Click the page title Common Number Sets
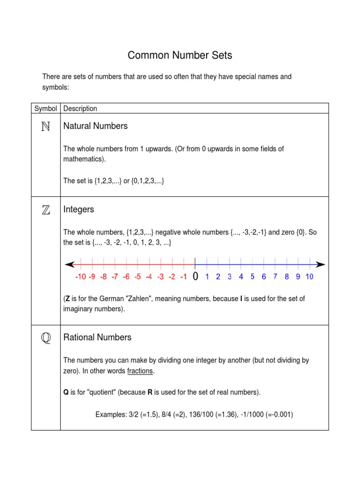tap(180, 56)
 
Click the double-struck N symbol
tap(45, 127)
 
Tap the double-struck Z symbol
tap(45, 210)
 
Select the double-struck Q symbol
tap(45, 338)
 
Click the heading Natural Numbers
tap(95, 126)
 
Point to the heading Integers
tap(79, 210)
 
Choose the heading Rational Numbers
tap(97, 337)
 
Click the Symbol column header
tap(45, 109)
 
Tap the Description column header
tap(80, 109)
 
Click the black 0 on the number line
tap(195, 277)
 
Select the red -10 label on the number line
tap(80, 277)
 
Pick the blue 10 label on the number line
tap(309, 277)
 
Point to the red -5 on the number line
tap(137, 277)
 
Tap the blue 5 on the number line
tap(252, 277)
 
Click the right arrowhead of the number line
tap(321, 264)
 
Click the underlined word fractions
tap(140, 371)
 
